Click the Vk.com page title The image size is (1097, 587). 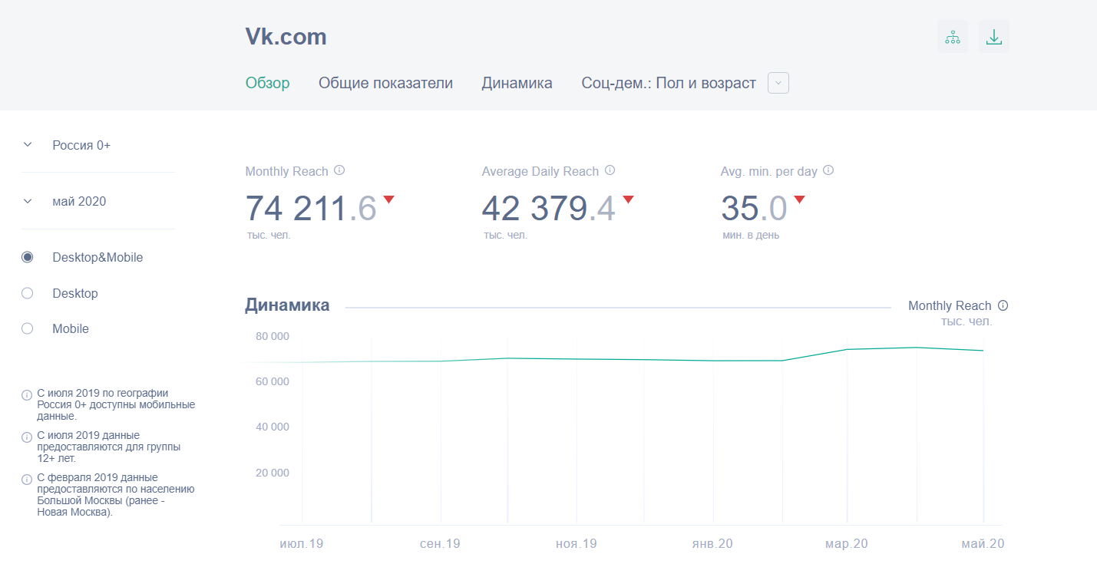[286, 37]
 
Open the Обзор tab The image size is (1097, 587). [268, 83]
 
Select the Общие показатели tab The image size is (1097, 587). [385, 83]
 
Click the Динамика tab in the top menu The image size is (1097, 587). [517, 83]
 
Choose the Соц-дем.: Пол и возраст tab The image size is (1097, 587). [669, 83]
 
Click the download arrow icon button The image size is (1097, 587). [994, 37]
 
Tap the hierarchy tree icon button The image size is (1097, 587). [953, 37]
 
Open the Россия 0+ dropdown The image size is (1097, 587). [81, 145]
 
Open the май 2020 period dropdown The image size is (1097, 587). [79, 201]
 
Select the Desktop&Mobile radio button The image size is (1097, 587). [28, 258]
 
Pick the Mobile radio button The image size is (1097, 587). [28, 328]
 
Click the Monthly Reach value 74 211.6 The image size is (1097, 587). [311, 208]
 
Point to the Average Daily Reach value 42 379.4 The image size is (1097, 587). [548, 208]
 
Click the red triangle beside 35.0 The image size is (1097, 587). [799, 200]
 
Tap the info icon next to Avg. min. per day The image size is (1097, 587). [828, 171]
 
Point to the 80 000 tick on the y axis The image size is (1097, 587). [273, 336]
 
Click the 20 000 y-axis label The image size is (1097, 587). [273, 473]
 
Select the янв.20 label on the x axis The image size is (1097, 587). [712, 544]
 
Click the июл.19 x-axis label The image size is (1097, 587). [301, 544]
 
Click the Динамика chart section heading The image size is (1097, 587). [287, 305]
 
